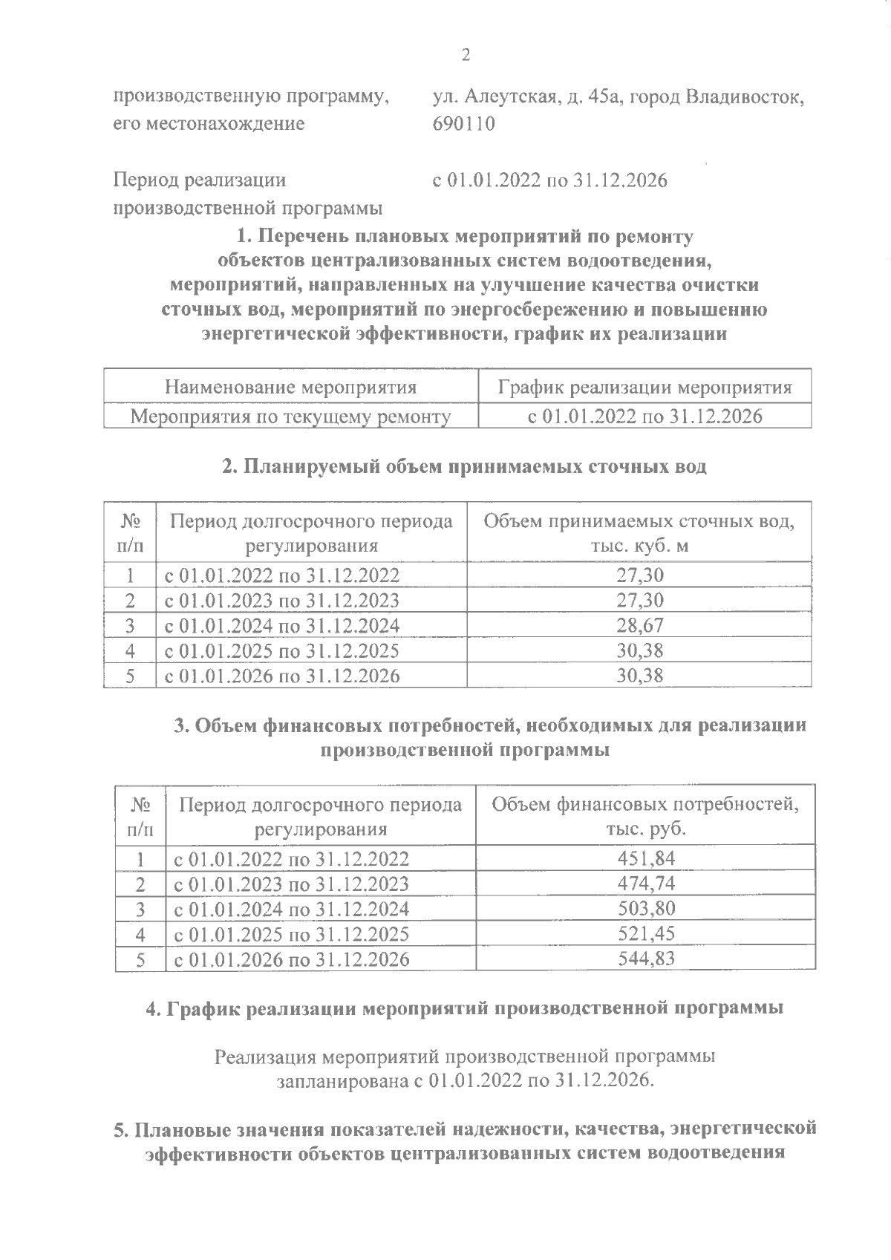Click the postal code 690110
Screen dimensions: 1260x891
click(463, 123)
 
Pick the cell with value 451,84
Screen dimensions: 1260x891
click(646, 859)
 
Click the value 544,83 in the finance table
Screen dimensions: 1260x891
click(646, 959)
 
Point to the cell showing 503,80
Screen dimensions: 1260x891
click(646, 909)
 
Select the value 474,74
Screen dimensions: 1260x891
click(646, 884)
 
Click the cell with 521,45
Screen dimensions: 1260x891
click(646, 933)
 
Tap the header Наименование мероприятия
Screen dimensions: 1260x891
click(290, 387)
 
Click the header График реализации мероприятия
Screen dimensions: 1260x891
click(644, 387)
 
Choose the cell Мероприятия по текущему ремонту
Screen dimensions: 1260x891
click(290, 417)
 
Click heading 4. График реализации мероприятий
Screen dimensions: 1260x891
click(464, 1009)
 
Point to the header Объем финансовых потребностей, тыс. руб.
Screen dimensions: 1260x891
click(646, 815)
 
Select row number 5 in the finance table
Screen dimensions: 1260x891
click(140, 959)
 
